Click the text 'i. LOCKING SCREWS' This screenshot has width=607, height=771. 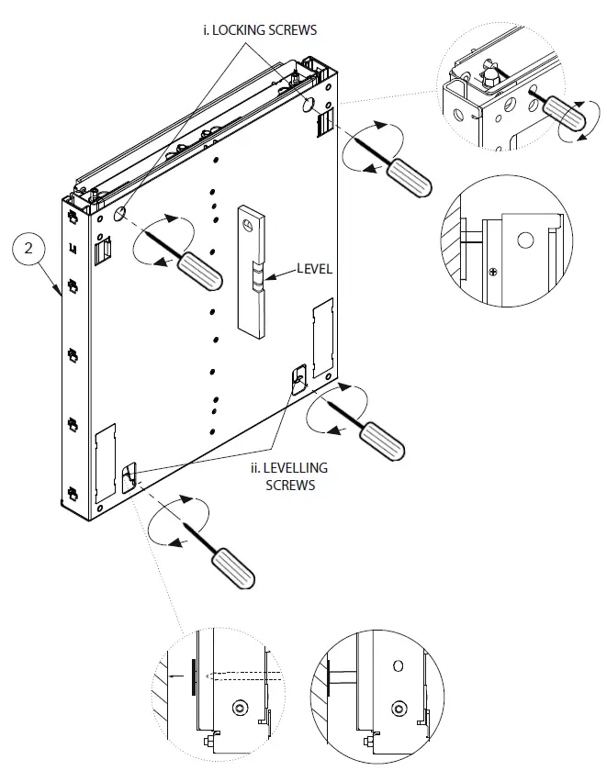tap(260, 30)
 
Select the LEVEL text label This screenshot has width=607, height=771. tap(313, 270)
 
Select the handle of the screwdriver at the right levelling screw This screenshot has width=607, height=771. tap(380, 441)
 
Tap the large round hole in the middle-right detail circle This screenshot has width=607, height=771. tap(524, 241)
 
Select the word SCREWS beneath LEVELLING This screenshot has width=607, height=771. tap(289, 485)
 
